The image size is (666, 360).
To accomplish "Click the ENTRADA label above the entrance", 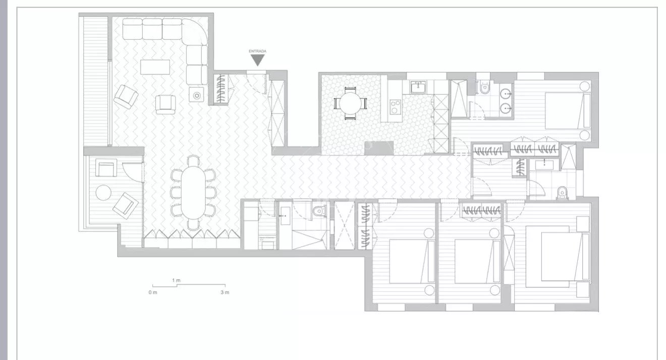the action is [257, 51].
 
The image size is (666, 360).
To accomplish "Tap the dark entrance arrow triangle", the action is [257, 59].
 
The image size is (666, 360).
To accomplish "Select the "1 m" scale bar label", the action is [176, 280].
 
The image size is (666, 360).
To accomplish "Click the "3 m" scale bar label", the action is [225, 292].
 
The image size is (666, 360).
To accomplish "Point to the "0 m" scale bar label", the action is [153, 292].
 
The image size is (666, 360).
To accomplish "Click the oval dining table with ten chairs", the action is [193, 193].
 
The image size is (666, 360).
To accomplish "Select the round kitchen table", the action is [350, 103].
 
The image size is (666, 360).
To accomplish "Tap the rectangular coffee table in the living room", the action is [155, 67].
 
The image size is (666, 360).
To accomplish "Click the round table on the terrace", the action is [103, 193].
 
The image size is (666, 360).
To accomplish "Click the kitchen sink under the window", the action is [419, 88].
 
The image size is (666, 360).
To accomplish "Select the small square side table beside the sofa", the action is [197, 95].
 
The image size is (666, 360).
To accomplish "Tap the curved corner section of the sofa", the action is [195, 31].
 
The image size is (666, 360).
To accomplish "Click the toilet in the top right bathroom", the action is [485, 87].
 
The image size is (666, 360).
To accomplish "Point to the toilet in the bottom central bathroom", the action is [318, 210].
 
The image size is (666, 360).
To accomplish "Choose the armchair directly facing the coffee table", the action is [165, 104].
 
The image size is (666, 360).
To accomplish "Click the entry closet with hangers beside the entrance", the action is [220, 89].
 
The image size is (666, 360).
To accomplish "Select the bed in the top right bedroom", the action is [567, 111].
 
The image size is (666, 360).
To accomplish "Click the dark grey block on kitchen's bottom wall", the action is [379, 148].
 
